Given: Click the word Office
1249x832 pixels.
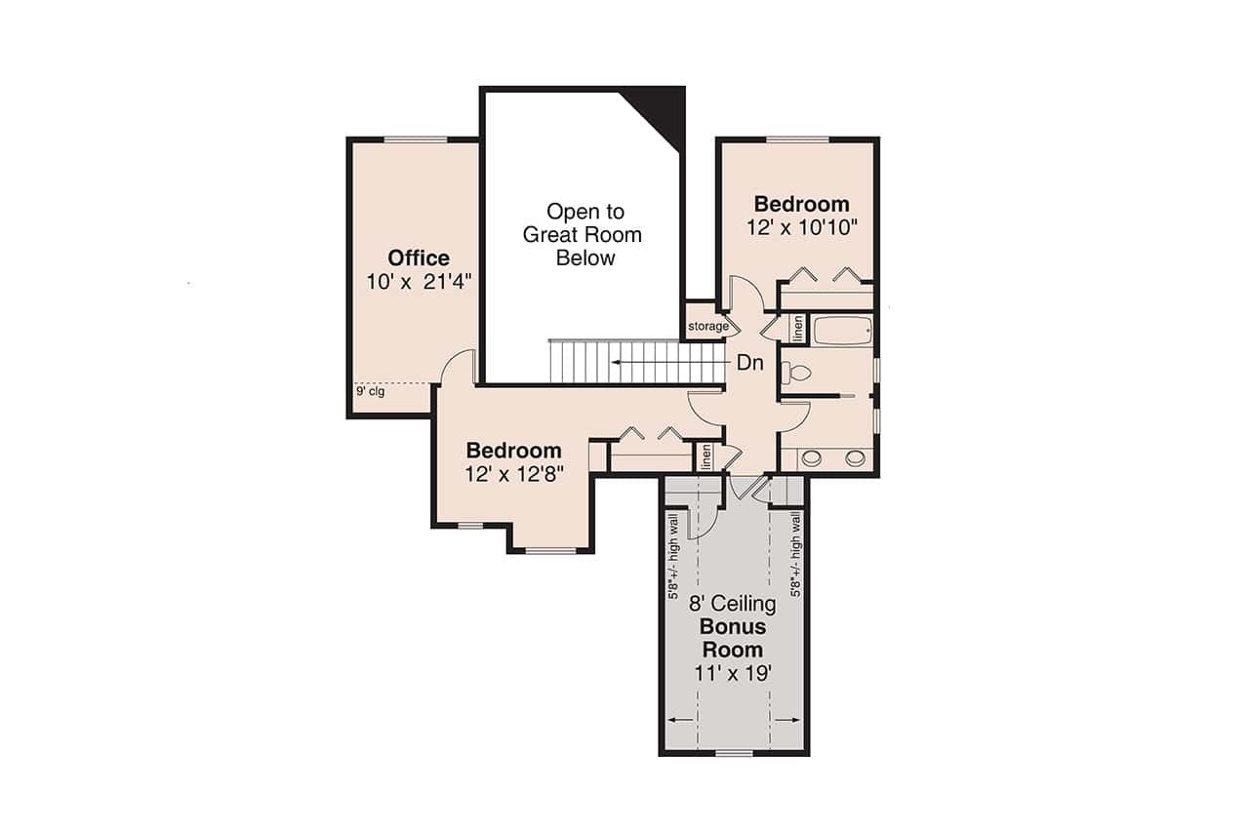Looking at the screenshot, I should [x=419, y=258].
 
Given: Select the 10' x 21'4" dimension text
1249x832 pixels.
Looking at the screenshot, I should [x=419, y=282].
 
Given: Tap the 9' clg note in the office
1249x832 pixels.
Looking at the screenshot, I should [x=368, y=392].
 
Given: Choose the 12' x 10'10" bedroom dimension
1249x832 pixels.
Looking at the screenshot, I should [x=801, y=227].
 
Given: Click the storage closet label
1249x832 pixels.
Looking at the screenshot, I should [x=708, y=326].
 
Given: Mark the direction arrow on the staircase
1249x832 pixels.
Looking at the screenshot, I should [x=664, y=363].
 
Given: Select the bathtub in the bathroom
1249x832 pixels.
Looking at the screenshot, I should [x=841, y=331].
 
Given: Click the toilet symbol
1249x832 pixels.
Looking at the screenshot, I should [x=799, y=372].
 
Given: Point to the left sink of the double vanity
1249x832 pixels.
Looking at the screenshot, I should [x=810, y=457].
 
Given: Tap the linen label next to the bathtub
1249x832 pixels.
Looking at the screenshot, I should [x=797, y=329].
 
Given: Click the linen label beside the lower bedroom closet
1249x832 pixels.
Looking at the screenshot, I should [x=705, y=456].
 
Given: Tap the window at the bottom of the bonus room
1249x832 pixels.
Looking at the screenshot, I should [x=734, y=753].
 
